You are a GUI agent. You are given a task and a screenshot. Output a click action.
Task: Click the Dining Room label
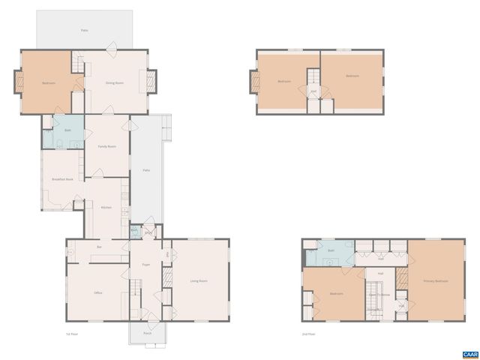click(x=114, y=82)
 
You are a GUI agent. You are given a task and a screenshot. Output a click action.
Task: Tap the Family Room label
click(x=106, y=146)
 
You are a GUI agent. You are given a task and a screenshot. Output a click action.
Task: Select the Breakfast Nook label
click(x=62, y=179)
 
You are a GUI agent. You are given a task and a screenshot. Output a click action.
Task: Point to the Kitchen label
click(x=106, y=207)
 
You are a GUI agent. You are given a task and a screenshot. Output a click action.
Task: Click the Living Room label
click(x=199, y=281)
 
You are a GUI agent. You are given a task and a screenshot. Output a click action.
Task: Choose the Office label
click(x=97, y=292)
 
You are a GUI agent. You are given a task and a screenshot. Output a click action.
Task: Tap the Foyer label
click(x=146, y=265)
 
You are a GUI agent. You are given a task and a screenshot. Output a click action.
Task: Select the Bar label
click(x=99, y=247)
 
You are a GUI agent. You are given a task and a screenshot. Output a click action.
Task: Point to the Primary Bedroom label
click(x=435, y=281)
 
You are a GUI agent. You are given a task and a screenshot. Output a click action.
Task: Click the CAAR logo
click(x=469, y=352)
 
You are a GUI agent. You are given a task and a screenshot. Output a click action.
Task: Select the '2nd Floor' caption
click(x=308, y=334)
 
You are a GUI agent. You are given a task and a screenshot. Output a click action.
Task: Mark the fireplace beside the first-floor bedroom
click(x=16, y=81)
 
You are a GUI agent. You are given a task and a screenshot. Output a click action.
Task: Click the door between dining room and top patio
click(x=112, y=50)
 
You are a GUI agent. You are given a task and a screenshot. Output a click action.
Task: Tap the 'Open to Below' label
click(x=379, y=295)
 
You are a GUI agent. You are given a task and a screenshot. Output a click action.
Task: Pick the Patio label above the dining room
click(x=85, y=30)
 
